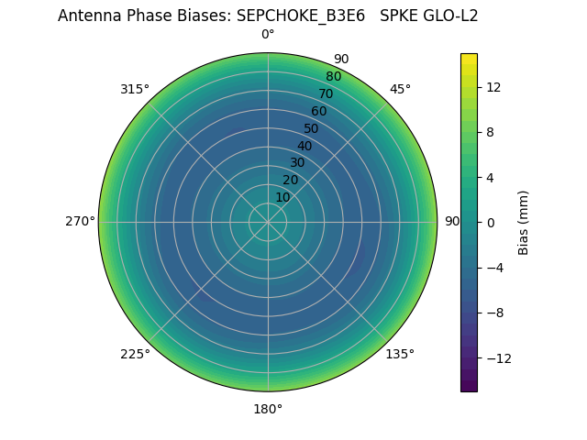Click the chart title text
click(268, 16)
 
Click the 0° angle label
click(268, 35)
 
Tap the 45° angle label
click(400, 89)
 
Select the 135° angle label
click(400, 354)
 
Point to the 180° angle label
click(268, 409)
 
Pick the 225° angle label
click(135, 354)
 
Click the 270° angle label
click(80, 222)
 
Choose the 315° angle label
click(135, 89)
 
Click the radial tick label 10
click(282, 197)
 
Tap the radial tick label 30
click(297, 162)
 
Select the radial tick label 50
click(312, 128)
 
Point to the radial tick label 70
click(327, 93)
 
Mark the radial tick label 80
click(333, 76)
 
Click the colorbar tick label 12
click(493, 87)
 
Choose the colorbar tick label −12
click(496, 357)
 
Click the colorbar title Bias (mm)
click(524, 222)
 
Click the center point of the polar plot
click(268, 222)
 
